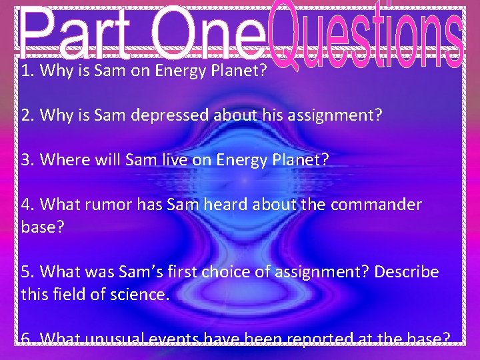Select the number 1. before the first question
pyautogui.click(x=27, y=71)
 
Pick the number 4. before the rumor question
pyautogui.click(x=28, y=205)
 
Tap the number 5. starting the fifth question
pyautogui.click(x=28, y=272)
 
